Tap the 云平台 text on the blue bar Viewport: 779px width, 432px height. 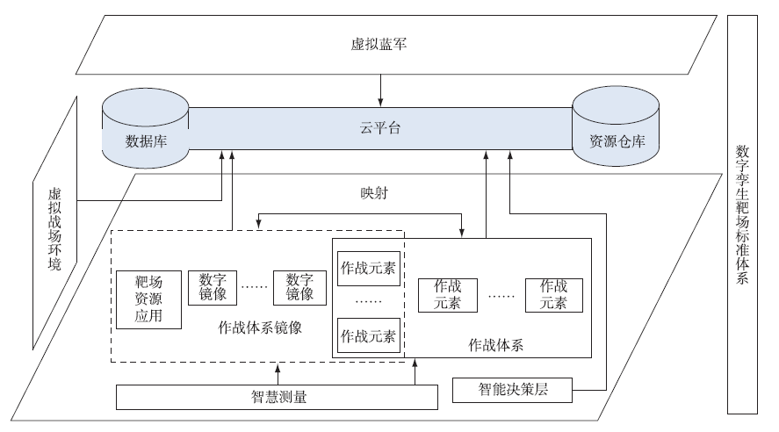click(x=380, y=129)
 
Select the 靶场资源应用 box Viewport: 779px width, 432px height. click(x=149, y=299)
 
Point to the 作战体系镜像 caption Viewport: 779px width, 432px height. click(x=260, y=328)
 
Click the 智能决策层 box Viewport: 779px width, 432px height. click(x=513, y=389)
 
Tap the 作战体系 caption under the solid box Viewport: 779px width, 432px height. click(x=495, y=345)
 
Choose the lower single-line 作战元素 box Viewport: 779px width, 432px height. click(x=367, y=335)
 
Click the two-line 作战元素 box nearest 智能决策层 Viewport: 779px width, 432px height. click(x=552, y=295)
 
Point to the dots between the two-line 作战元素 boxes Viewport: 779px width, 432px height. click(x=501, y=296)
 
